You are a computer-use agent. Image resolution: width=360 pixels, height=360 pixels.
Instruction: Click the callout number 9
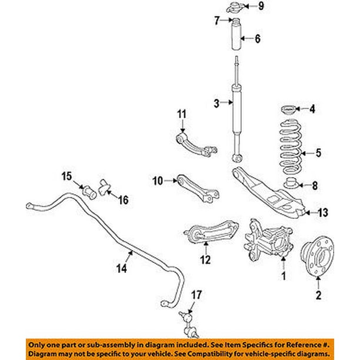click(x=261, y=7)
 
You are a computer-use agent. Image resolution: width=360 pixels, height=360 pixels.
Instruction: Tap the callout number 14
click(x=122, y=269)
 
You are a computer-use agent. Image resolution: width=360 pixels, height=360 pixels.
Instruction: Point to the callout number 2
click(x=319, y=295)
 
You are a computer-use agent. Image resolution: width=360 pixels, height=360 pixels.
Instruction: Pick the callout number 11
click(x=182, y=113)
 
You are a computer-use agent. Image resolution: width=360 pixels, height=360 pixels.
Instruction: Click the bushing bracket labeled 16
click(x=105, y=188)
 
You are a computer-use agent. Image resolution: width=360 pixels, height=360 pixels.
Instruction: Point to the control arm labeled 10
click(x=197, y=186)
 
